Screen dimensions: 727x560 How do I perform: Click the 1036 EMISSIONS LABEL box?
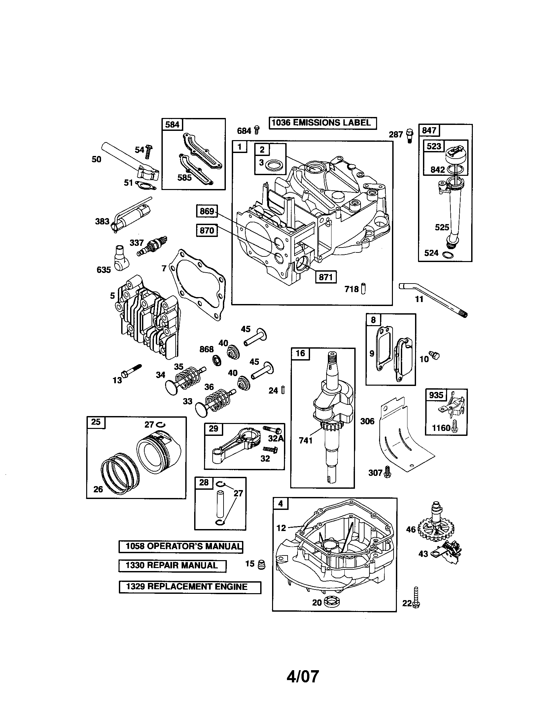pos(322,123)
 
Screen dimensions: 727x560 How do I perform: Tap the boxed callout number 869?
pos(206,211)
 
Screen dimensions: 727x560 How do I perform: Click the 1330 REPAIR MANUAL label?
pos(172,565)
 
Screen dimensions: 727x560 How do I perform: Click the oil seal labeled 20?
pos(330,602)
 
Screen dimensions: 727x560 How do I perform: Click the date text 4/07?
pos(302,676)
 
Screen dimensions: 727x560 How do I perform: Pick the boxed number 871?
pos(326,277)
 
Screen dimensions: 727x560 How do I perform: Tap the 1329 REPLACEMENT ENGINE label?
pos(190,587)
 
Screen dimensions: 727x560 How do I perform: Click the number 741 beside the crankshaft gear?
pos(306,440)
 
